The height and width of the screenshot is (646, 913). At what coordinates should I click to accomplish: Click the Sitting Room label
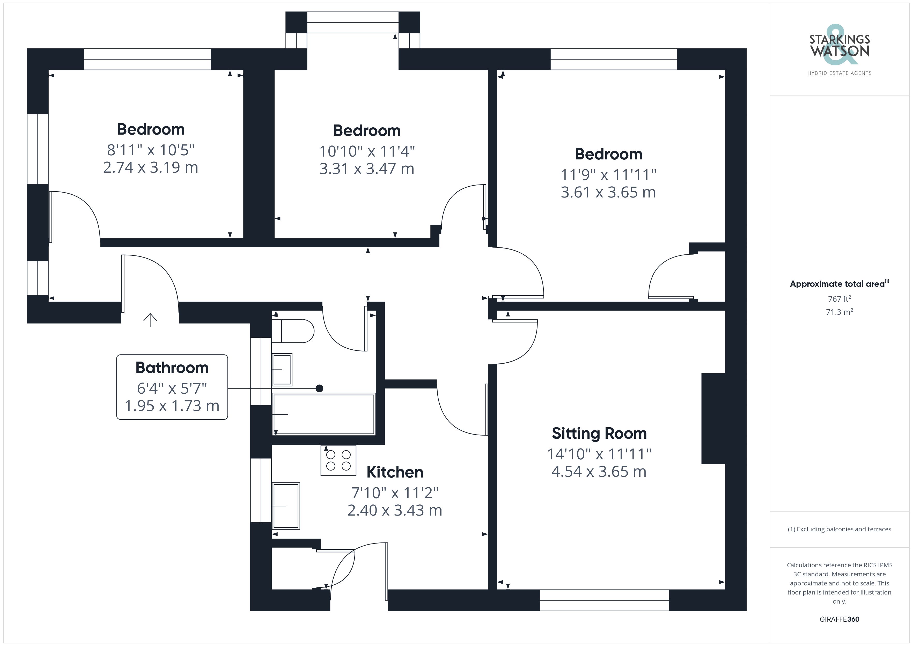point(599,434)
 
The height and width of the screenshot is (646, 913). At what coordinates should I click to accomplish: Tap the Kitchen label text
point(395,472)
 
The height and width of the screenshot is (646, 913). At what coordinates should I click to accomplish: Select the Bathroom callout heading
point(172,368)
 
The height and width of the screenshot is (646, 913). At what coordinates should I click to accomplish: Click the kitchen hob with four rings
point(338,460)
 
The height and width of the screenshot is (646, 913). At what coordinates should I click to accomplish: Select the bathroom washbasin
point(282,370)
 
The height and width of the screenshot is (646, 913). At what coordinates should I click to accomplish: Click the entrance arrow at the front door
point(150,320)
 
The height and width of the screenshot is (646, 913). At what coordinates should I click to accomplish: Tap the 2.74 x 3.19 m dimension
point(151,167)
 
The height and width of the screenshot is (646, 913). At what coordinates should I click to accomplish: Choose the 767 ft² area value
point(839,299)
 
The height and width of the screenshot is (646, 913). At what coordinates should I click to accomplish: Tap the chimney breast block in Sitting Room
point(713,419)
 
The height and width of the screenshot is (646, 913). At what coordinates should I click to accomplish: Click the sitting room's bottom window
point(605,600)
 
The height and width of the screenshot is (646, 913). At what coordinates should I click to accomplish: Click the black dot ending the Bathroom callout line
point(319,388)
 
